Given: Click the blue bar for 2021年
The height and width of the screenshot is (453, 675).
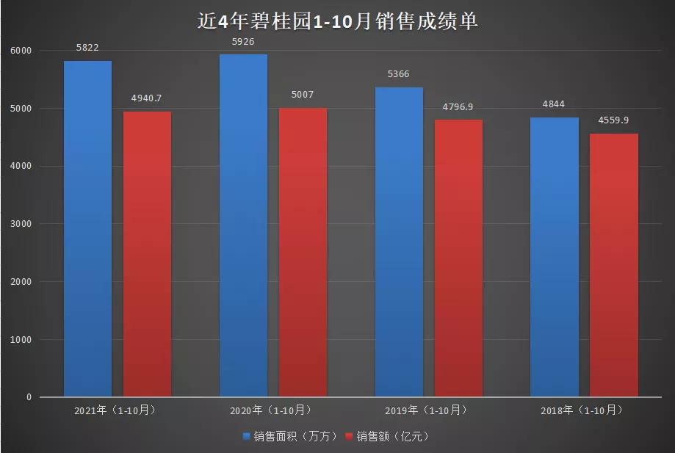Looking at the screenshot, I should click(87, 228).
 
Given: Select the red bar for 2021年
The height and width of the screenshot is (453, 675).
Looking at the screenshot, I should click(147, 254).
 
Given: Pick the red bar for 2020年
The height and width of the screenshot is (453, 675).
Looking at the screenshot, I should click(303, 253).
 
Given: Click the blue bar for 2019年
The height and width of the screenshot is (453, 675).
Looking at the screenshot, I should click(399, 242).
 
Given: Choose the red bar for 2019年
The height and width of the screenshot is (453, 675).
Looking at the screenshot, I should click(458, 258).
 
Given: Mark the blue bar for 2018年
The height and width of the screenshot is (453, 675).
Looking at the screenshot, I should click(555, 257).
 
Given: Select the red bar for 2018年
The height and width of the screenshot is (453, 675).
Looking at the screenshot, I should click(614, 265).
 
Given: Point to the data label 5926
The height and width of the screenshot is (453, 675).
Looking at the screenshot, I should click(243, 42).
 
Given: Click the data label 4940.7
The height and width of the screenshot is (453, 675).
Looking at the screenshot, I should click(147, 98).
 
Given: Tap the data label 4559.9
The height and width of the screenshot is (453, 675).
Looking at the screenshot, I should click(614, 120).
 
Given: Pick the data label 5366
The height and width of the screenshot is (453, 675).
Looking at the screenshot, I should click(399, 74).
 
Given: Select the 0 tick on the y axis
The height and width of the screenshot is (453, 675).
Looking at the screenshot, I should click(29, 397).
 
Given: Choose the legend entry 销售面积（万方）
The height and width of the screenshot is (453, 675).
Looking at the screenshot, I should click(290, 437).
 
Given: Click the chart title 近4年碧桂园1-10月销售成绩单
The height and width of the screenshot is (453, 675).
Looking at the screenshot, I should click(338, 21).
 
